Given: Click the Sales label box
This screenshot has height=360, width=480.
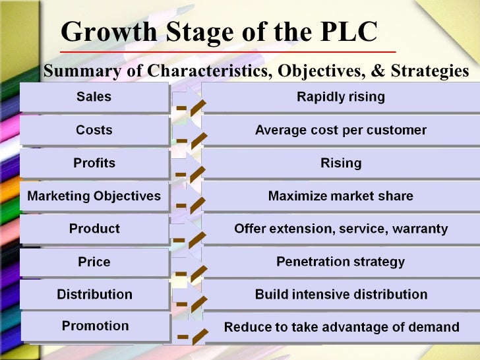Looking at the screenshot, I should click(x=94, y=97).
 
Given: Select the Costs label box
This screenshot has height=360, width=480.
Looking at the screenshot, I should click(x=94, y=130).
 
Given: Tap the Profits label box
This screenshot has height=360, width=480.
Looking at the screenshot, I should click(x=94, y=163).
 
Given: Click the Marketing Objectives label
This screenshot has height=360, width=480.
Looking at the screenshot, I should click(x=94, y=196).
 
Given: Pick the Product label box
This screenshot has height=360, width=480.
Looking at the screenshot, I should click(x=94, y=229).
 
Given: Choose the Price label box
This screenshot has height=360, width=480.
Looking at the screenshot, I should click(x=94, y=262).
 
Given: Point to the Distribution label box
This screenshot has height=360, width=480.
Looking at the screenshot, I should click(x=94, y=294).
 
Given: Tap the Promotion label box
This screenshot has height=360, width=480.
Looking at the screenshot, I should click(x=95, y=326).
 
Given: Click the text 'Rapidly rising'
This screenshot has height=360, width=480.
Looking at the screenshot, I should click(x=340, y=97).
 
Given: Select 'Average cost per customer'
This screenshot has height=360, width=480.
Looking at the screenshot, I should click(x=340, y=130).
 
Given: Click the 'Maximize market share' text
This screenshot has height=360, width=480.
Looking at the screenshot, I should click(x=340, y=196).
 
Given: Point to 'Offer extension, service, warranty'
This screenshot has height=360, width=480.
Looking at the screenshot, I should click(x=340, y=229).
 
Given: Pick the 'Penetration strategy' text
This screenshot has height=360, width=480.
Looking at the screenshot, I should click(x=340, y=262).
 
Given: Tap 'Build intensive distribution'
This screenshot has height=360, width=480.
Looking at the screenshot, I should click(x=340, y=294).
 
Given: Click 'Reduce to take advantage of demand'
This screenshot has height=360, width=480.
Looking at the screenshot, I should click(x=341, y=326).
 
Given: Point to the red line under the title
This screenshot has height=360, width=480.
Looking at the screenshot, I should click(x=227, y=51).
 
